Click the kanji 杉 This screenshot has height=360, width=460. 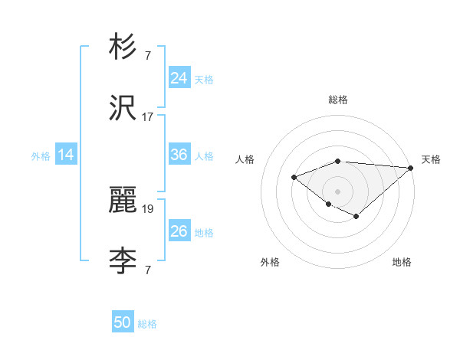[123, 47]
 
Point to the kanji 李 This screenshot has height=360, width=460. [123, 261]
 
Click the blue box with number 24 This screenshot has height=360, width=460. [179, 78]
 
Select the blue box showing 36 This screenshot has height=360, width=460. [179, 155]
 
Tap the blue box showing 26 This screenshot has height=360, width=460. [179, 231]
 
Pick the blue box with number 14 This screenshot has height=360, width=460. [66, 155]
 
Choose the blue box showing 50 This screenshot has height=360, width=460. [123, 322]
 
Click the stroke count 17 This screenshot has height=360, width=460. [148, 117]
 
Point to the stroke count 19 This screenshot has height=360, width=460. [148, 208]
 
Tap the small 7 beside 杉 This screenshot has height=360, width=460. [147, 56]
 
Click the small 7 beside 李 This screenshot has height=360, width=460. [147, 270]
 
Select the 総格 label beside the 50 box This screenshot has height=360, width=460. [147, 324]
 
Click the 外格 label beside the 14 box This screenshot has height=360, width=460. [41, 156]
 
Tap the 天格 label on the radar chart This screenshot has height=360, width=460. [431, 159]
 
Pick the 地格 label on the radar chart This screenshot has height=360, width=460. [402, 262]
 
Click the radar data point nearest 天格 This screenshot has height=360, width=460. [411, 168]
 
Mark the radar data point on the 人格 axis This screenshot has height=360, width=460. [294, 177]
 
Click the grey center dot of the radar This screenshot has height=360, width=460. [337, 191]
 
